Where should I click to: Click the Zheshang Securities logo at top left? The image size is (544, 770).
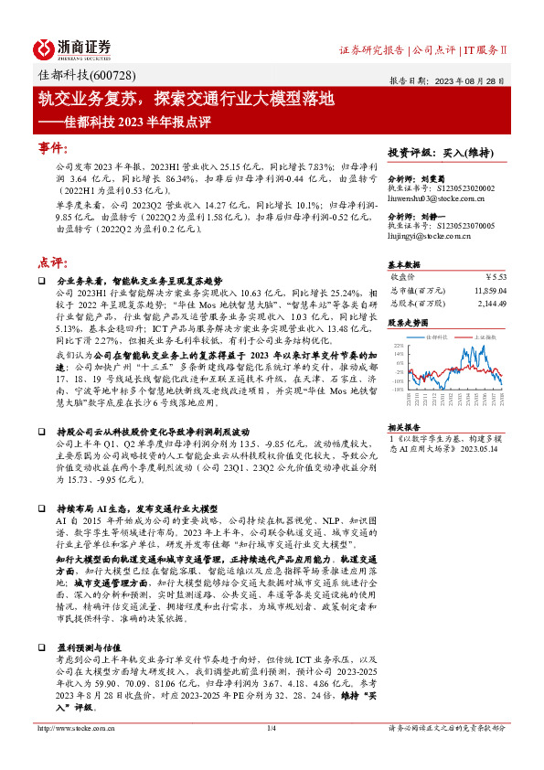(72, 47)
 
